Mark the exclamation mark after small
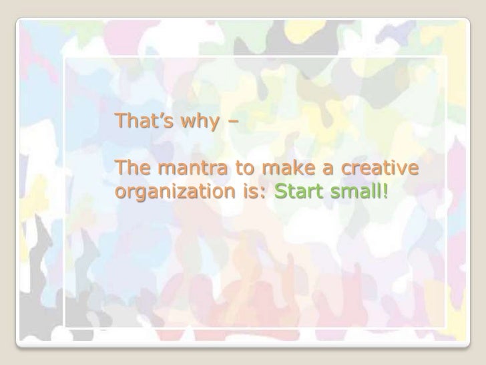(383, 193)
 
